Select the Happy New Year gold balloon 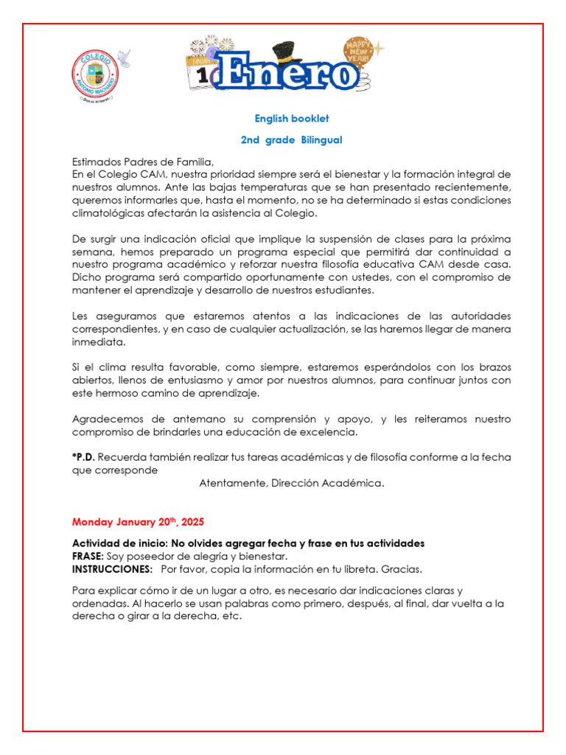pyautogui.click(x=359, y=54)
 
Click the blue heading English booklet pyautogui.click(x=292, y=119)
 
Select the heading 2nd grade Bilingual pyautogui.click(x=292, y=140)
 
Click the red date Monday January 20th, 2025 pyautogui.click(x=138, y=522)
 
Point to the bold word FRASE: pyautogui.click(x=88, y=556)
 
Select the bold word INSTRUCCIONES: pyautogui.click(x=112, y=569)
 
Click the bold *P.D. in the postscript pyautogui.click(x=84, y=457)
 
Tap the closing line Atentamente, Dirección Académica pyautogui.click(x=292, y=484)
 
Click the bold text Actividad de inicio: pyautogui.click(x=120, y=543)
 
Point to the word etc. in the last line pyautogui.click(x=231, y=616)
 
